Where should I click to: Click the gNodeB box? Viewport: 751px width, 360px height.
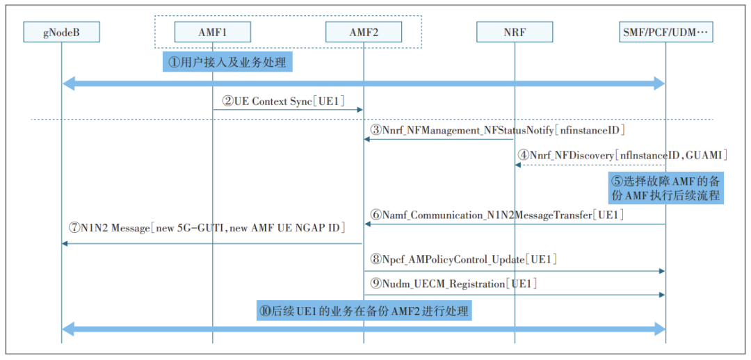tap(61, 32)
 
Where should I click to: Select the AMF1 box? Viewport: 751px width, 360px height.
tap(212, 32)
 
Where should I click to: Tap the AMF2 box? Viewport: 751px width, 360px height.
tap(363, 32)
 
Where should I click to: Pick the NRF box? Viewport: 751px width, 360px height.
tap(515, 32)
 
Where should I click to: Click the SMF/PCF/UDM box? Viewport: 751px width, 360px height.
tap(665, 32)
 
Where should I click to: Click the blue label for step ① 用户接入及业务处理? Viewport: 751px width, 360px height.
tap(228, 63)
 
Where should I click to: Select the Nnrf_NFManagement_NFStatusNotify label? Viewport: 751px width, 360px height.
tap(497, 129)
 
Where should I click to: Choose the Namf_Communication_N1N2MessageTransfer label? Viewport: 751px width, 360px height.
tap(497, 215)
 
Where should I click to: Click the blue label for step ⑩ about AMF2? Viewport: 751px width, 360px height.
tap(364, 311)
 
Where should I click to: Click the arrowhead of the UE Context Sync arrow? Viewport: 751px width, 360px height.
tap(360, 109)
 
